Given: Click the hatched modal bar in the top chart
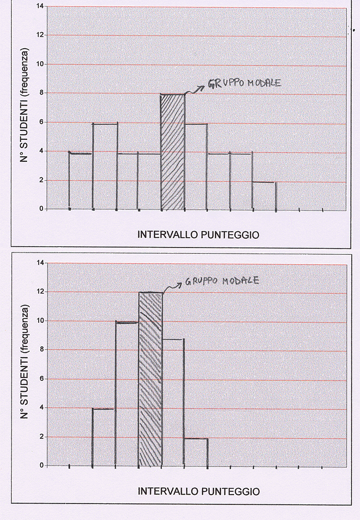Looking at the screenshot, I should (173, 152).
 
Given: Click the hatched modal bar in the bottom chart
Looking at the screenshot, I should (150, 379).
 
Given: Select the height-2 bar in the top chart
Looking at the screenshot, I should (264, 196).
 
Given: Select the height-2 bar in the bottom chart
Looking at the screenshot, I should (196, 453).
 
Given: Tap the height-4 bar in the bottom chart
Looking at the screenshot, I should (104, 437).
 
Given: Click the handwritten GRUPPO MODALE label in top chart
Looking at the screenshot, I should (245, 84).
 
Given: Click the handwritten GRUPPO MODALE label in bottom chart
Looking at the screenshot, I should (222, 281).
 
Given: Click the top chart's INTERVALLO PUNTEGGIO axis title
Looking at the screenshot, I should (198, 235).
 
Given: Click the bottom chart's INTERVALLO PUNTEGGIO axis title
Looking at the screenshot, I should (198, 491).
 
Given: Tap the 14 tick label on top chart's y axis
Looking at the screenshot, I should (39, 6).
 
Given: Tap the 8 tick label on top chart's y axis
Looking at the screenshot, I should (40, 93).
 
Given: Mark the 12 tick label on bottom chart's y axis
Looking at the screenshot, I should (39, 291).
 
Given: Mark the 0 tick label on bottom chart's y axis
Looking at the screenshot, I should (40, 465).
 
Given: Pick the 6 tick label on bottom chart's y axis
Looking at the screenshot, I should (40, 379).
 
